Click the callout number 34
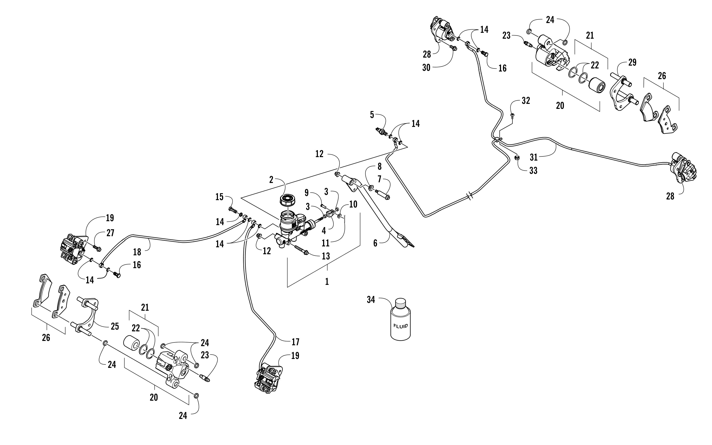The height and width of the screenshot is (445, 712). click(x=371, y=300)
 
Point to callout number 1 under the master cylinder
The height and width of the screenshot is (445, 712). click(x=327, y=282)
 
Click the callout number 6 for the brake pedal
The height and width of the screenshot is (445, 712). click(x=375, y=243)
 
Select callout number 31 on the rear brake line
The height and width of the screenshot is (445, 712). click(x=534, y=158)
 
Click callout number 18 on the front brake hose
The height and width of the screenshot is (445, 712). click(x=137, y=252)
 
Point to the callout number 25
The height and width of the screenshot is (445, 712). click(x=115, y=326)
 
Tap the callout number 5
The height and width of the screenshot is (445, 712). click(x=372, y=115)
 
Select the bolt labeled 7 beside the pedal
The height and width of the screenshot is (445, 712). click(x=382, y=194)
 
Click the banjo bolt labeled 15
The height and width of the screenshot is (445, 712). click(x=232, y=210)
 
